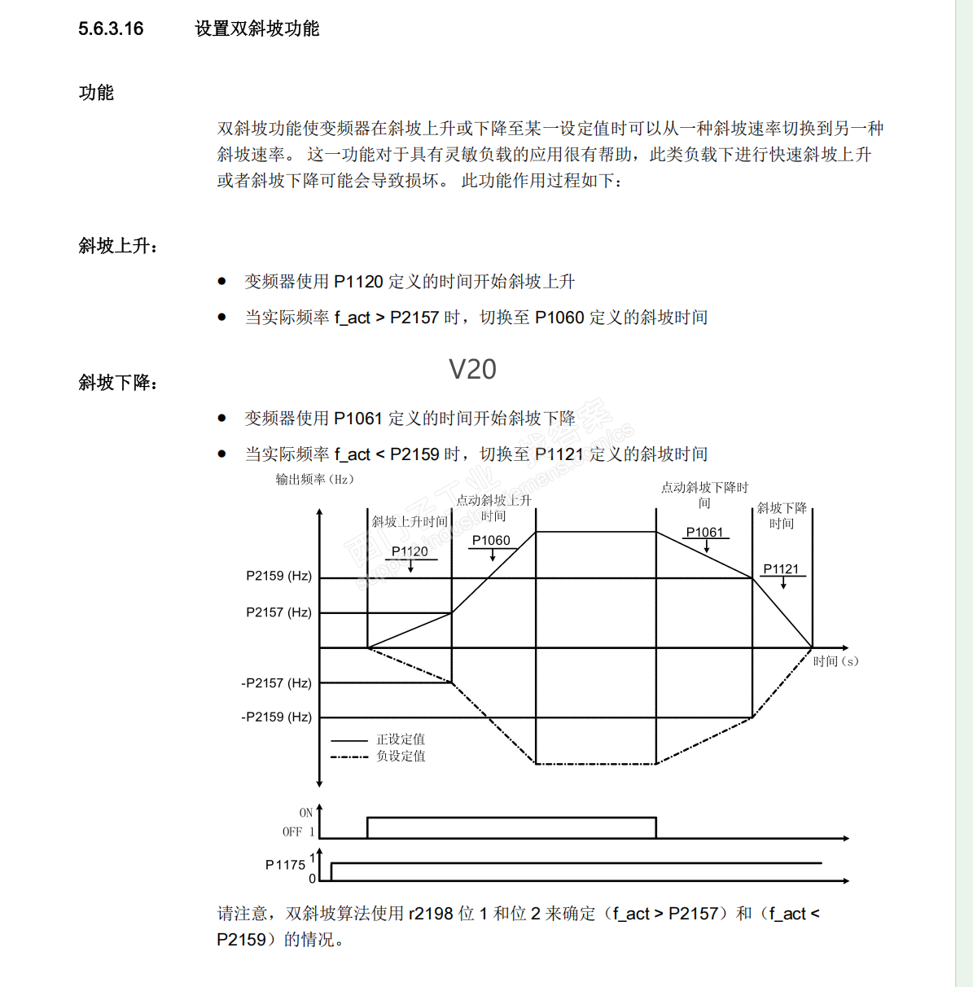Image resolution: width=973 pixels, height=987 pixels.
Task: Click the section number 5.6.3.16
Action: coord(111,29)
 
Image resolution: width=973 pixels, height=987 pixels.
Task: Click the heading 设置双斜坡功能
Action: coord(256,29)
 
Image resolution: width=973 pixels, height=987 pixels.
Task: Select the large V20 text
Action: coord(472,370)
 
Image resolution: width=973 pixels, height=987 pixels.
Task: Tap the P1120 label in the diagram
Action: coord(410,551)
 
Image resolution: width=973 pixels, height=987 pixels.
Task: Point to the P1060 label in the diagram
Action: coord(491,540)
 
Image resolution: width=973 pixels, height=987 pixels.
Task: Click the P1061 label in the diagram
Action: coord(704,532)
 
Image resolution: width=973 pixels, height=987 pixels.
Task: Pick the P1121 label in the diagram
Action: coord(781,568)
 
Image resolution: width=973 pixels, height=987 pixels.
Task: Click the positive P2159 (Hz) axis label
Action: coord(278,576)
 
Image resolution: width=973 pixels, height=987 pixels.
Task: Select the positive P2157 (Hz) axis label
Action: coord(278,612)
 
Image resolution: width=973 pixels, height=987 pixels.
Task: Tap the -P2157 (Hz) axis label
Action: coord(276,682)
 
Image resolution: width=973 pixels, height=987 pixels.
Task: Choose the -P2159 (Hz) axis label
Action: coord(276,717)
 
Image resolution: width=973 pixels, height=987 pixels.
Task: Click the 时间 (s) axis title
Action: coord(835,661)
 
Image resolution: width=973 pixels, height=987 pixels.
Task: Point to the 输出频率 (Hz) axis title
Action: coord(314,479)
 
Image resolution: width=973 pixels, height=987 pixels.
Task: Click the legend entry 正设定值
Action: coord(401,739)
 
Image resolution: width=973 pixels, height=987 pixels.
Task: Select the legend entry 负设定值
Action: coord(401,756)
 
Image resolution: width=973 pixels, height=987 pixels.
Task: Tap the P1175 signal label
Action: coord(285,865)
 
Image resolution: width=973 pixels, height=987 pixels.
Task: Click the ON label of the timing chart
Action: coord(306,813)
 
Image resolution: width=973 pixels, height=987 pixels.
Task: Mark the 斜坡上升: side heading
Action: coord(118,246)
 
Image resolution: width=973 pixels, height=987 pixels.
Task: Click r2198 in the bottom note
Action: coord(431,914)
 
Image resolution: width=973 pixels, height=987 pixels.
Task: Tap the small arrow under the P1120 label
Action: coord(410,566)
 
